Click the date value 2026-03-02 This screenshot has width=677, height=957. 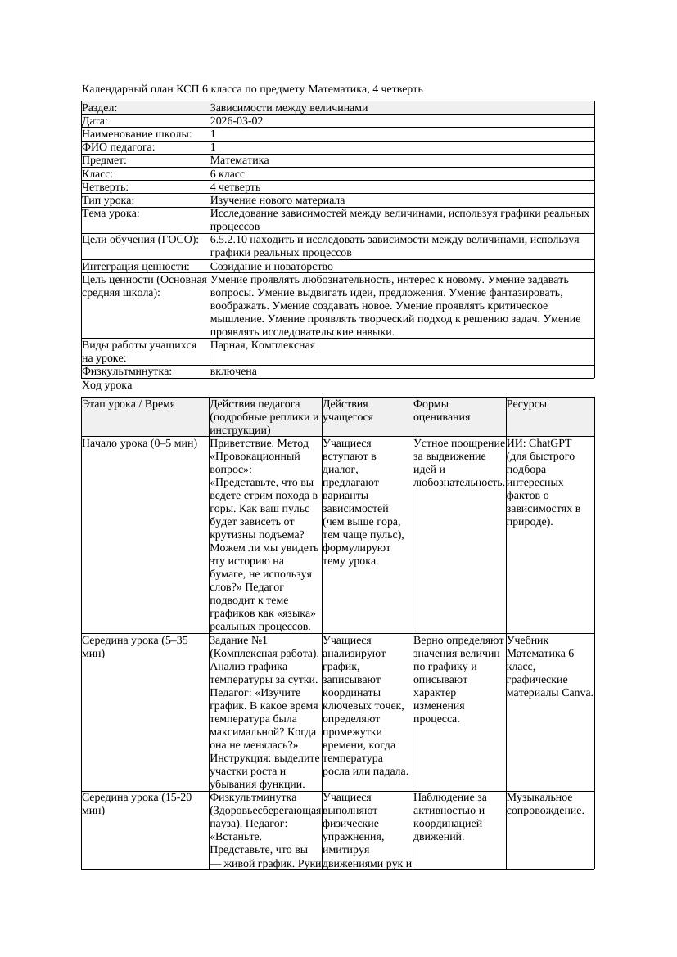[237, 121]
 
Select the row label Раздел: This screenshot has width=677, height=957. [100, 108]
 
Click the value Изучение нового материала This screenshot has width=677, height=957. [277, 200]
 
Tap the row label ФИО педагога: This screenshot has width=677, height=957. [119, 147]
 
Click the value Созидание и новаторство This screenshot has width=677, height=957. [271, 267]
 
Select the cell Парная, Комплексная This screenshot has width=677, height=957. [262, 345]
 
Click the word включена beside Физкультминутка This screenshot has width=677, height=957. [233, 371]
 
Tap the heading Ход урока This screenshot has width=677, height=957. [107, 385]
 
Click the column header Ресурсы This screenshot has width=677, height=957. [527, 404]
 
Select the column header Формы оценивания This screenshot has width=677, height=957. [442, 410]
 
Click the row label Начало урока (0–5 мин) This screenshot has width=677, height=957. [140, 443]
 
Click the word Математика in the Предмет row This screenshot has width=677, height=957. [239, 160]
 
